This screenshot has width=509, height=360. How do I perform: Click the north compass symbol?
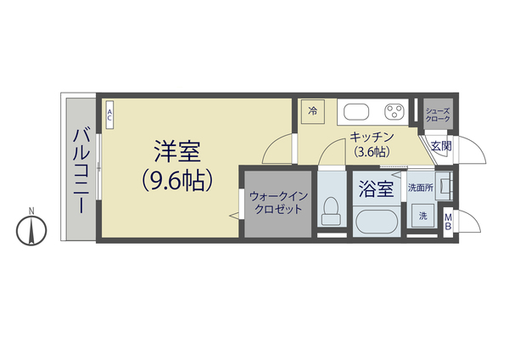coord(31,228)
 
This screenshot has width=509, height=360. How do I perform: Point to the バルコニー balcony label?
coord(81,170)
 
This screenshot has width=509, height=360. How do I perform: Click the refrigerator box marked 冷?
coord(312,111)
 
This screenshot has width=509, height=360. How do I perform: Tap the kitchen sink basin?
coord(355,112)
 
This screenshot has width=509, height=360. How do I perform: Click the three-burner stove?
coord(394,112)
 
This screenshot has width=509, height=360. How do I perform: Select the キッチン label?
coord(370,138)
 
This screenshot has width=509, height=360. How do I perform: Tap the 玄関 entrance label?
coord(440,146)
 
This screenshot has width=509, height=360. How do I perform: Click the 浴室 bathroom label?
coord(376,188)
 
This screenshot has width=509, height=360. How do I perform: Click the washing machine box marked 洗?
coord(422,217)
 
